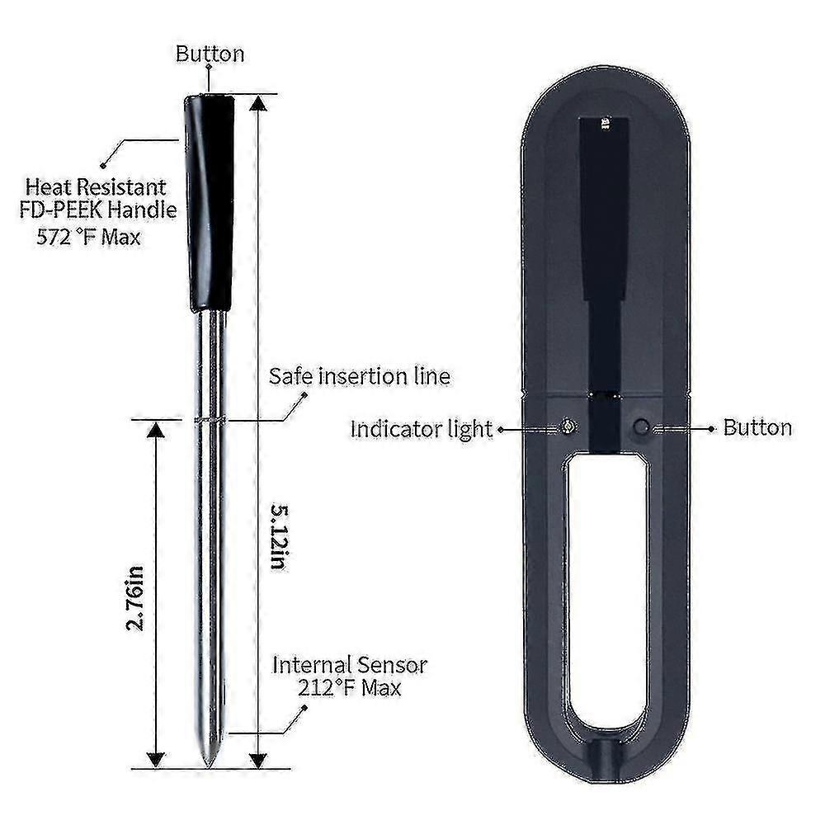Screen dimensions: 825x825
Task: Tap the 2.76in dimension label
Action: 137,597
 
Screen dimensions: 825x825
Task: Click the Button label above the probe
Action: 210,54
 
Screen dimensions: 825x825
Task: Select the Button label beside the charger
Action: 757,427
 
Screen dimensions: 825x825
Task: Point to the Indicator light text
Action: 421,429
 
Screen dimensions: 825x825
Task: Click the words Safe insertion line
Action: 360,377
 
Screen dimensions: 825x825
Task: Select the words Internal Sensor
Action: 350,664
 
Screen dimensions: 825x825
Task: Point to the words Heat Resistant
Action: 95,187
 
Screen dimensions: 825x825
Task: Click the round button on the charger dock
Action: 642,427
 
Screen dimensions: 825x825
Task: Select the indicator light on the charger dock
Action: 568,427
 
